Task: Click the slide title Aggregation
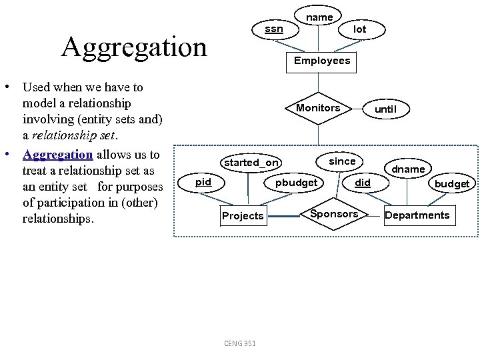(134, 47)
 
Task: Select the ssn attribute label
(273, 29)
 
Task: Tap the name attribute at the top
(319, 17)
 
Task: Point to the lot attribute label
(359, 29)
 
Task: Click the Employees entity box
(322, 61)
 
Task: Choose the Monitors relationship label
(318, 108)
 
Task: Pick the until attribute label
(385, 109)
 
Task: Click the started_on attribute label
(251, 163)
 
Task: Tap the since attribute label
(343, 161)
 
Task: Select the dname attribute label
(408, 169)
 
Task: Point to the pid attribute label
(203, 182)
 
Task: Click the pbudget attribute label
(297, 183)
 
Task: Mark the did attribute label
(363, 183)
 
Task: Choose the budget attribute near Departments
(452, 184)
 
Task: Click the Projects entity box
(243, 216)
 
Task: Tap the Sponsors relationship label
(335, 214)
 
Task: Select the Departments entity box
(417, 215)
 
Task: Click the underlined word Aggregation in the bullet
(58, 155)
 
